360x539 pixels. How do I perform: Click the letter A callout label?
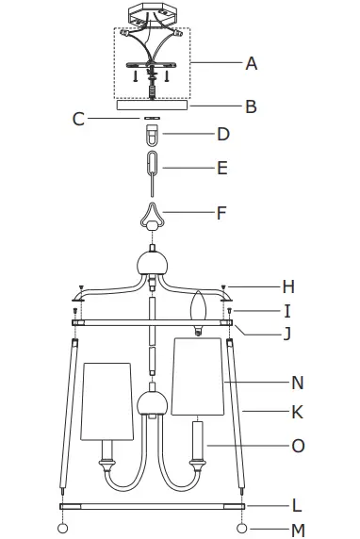pos(251,63)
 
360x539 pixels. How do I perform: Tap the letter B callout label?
pos(251,106)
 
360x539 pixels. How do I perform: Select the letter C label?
pos(79,119)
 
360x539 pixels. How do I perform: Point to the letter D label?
pos(223,134)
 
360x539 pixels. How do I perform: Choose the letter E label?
pos(222,169)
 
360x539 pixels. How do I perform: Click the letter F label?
pos(221,212)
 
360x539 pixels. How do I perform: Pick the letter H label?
pos(289,286)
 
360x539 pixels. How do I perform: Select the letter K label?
pos(298,412)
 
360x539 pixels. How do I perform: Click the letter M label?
pos(298,531)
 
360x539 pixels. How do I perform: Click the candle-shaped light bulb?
pos(199,308)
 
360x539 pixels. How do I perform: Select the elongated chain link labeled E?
pos(152,168)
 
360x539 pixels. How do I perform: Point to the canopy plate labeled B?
pos(151,106)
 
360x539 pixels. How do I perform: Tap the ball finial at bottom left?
pos(64,527)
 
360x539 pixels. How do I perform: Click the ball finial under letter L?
pos(241,527)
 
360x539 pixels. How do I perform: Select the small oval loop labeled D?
pos(152,136)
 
